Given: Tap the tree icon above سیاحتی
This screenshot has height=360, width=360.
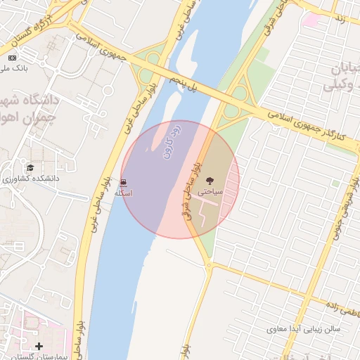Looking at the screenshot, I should [210, 181].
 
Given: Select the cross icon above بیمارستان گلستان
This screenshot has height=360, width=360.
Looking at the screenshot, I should [39, 346].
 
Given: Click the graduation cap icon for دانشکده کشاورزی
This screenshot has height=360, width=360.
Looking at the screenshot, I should [30, 167].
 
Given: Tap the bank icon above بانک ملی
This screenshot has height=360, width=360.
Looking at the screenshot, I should [12, 58].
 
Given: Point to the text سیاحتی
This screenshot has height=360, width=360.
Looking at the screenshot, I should [210, 191].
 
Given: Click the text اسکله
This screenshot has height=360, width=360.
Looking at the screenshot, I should [124, 193].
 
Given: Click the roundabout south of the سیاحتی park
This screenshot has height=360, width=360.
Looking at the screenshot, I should [209, 265].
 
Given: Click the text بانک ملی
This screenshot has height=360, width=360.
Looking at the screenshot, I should [14, 68].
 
